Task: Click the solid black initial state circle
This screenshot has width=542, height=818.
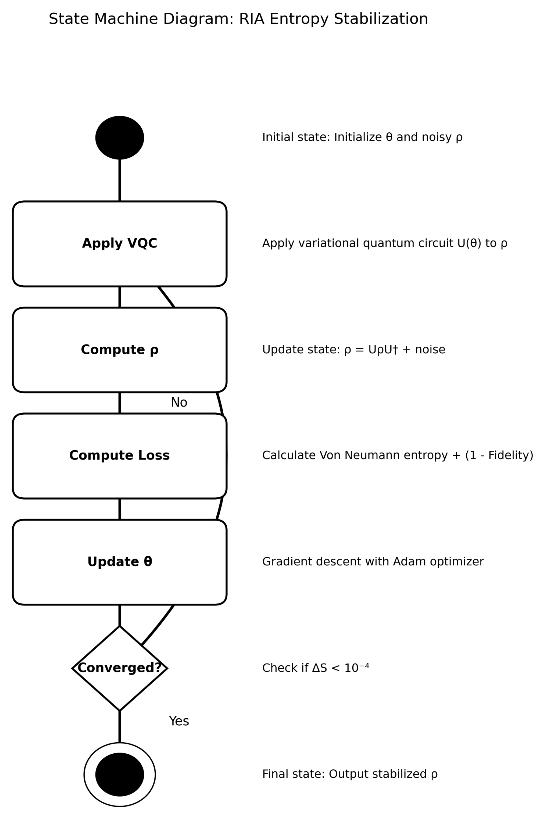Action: [120, 137]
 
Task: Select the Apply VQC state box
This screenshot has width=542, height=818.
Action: [120, 244]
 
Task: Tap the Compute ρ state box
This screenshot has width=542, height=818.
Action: [120, 350]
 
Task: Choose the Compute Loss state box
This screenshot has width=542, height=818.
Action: [120, 456]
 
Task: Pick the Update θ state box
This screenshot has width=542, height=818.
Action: [120, 562]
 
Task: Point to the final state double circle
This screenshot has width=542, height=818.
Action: [120, 775]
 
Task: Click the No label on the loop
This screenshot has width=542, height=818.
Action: [179, 403]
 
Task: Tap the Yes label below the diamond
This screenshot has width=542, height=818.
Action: [179, 721]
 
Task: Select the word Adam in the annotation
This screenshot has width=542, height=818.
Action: [405, 562]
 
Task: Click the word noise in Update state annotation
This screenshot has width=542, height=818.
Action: [430, 350]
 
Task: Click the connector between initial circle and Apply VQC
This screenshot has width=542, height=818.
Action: [120, 180]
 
